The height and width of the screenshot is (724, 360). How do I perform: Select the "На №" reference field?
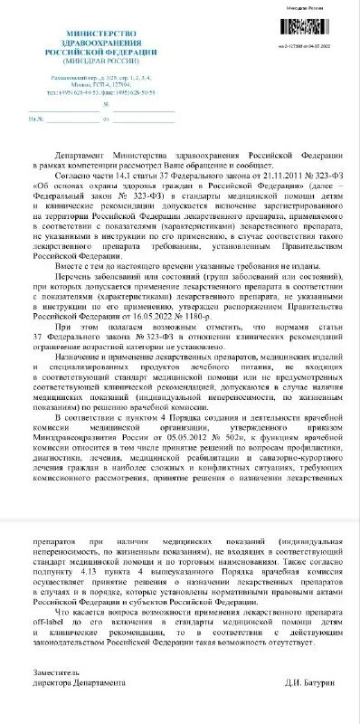[x=36, y=118]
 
